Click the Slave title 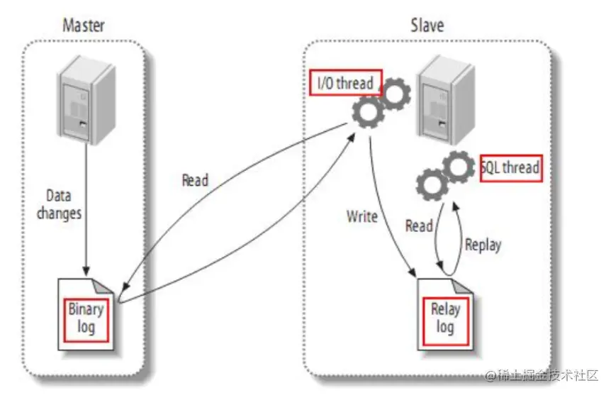click(x=427, y=26)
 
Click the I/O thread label click(x=345, y=83)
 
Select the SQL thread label click(x=510, y=168)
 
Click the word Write click(x=361, y=216)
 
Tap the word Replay click(x=483, y=245)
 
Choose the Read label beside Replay click(x=419, y=226)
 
